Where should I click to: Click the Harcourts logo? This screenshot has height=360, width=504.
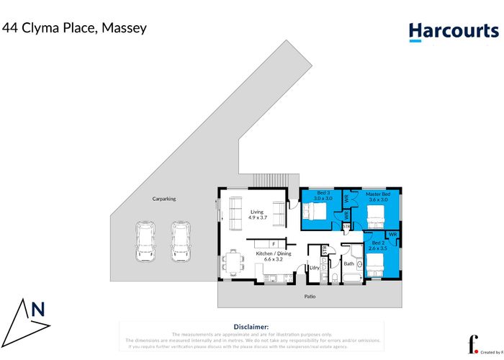pos(453,31)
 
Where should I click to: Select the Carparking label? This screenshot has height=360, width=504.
pos(163,199)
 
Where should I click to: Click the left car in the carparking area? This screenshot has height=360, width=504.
pos(145,242)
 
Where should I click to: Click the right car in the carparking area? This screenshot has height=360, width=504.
pos(181,242)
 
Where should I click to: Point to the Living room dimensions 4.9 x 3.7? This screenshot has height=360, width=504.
pos(258,217)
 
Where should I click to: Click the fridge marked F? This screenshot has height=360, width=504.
pos(274,245)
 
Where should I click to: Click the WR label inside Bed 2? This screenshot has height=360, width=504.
pos(393,235)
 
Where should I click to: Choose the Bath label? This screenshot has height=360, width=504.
pos(348,264)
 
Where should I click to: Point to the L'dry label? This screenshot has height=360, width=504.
pos(314,268)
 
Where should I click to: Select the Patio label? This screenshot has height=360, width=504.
pos(309,296)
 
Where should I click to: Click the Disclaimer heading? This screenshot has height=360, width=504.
pos(251,327)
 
